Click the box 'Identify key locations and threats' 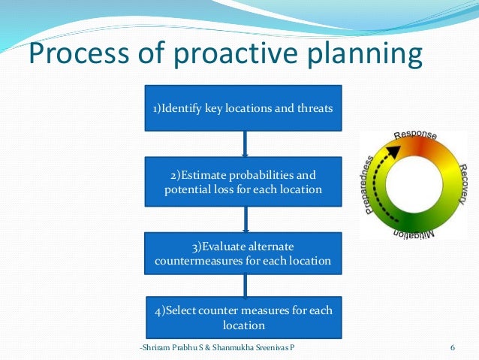point(243,108)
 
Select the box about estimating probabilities point(243,181)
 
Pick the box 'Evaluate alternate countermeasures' point(243,253)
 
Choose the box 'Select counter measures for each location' point(243,317)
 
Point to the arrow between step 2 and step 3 point(245,218)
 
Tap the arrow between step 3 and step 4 point(245,285)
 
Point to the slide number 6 point(453,347)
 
